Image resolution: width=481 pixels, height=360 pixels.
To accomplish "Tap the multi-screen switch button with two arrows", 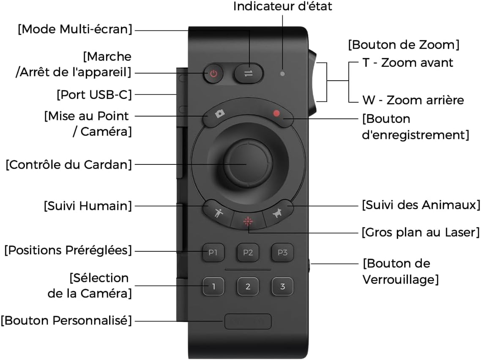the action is tap(249, 74).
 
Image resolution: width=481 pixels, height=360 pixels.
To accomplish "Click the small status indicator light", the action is tap(282, 74).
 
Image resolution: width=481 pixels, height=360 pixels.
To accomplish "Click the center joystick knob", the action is tap(248, 164).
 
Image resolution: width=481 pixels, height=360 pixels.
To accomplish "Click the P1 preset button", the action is tap(213, 252).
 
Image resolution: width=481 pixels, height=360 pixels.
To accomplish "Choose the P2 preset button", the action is tap(248, 252).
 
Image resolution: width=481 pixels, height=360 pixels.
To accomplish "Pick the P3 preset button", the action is tap(282, 252).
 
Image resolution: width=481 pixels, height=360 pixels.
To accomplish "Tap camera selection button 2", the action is tap(248, 286).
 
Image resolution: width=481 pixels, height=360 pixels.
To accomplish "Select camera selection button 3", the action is tap(282, 286).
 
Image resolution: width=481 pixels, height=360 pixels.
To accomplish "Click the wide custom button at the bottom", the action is tap(248, 322).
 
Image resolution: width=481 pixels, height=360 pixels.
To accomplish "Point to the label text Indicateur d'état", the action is tap(282, 6).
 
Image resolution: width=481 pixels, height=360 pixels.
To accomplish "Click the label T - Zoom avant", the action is tap(408, 63).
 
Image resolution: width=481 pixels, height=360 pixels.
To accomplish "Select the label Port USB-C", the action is tap(94, 95).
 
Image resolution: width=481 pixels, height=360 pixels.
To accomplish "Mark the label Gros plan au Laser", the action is tap(421, 232).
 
